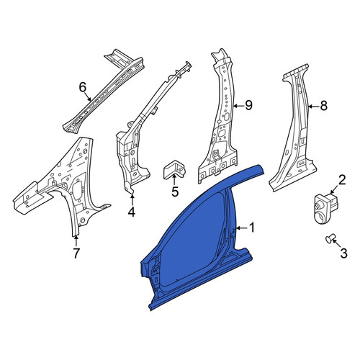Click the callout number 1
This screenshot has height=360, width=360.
[252, 228]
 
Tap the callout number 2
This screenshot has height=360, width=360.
[342, 180]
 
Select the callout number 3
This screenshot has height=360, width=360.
[343, 253]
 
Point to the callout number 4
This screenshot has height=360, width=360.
[132, 212]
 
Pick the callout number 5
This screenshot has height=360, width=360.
[175, 192]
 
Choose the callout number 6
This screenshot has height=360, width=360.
[83, 87]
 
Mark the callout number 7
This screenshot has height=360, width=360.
[76, 253]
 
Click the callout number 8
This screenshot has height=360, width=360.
[324, 106]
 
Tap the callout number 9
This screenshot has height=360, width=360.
[248, 105]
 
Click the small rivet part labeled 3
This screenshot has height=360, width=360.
[329, 239]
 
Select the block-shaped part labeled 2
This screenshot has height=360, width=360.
[326, 208]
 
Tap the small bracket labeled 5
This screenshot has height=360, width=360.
[174, 170]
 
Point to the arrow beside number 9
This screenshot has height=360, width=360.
[239, 106]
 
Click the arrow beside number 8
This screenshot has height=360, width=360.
[313, 106]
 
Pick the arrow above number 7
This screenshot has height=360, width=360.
[76, 241]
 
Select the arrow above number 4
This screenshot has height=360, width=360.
[132, 199]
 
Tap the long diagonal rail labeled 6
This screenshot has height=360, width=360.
[103, 91]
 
